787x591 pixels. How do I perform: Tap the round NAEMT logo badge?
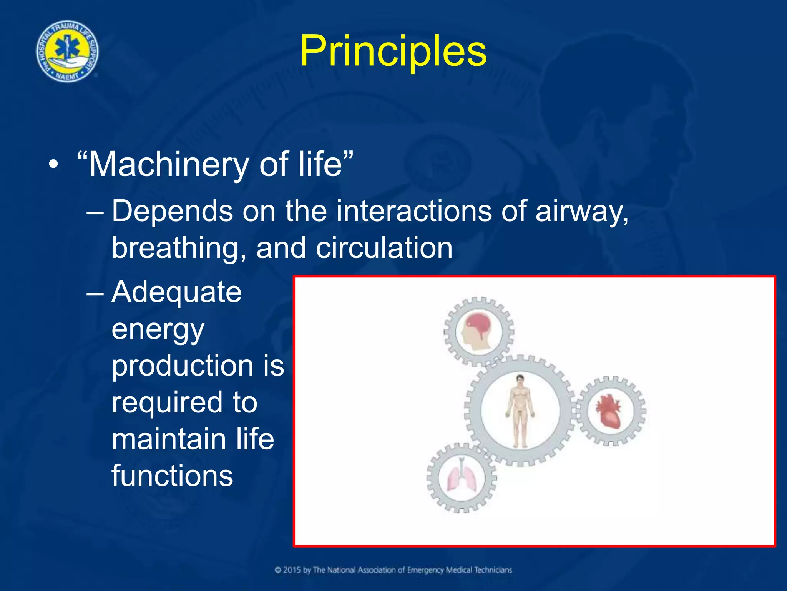(x=67, y=52)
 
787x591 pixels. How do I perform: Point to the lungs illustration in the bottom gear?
(x=462, y=478)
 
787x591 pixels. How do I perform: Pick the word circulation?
(x=384, y=248)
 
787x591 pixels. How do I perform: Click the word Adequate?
(x=176, y=292)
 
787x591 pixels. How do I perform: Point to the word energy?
(x=158, y=330)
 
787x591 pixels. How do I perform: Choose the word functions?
(x=172, y=476)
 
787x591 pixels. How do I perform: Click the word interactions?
(x=414, y=211)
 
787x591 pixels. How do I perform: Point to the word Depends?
(x=172, y=211)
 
